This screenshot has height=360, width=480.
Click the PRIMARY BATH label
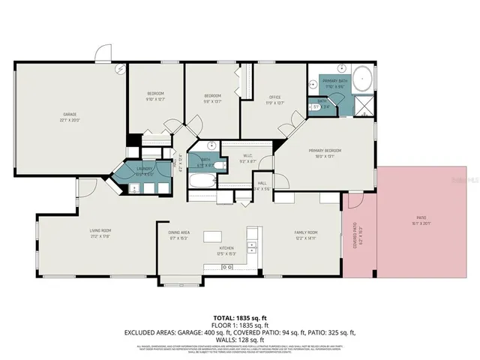334,81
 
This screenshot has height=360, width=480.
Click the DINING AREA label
178,233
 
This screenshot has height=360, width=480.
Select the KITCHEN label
226,248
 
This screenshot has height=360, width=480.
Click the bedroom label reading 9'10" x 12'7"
154,96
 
